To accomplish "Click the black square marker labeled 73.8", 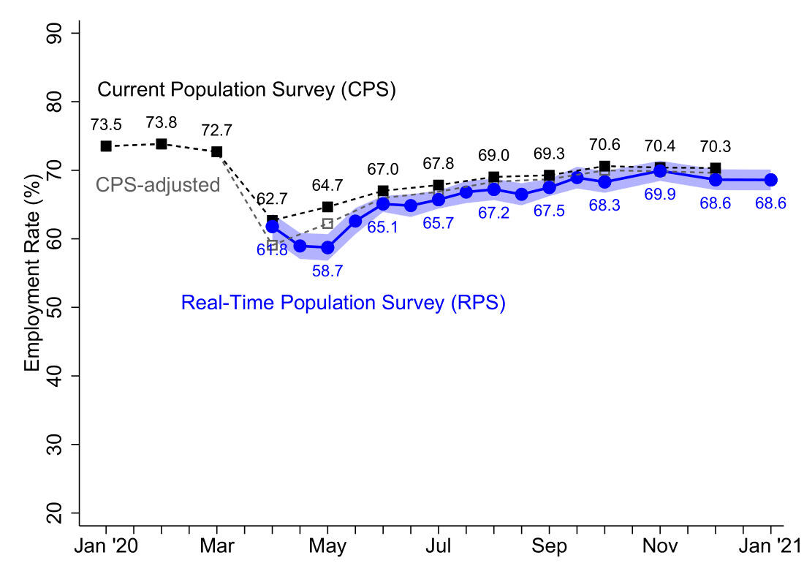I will (x=162, y=144).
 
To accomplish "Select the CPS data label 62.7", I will (x=272, y=198).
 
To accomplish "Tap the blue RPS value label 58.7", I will (x=327, y=271).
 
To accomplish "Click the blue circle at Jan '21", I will (x=770, y=180).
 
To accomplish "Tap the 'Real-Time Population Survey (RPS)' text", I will (x=344, y=303).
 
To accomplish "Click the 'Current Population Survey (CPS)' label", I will (x=247, y=91).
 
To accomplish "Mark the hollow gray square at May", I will (x=327, y=224).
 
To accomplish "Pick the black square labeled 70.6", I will (x=604, y=166).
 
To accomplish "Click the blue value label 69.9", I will (x=660, y=195).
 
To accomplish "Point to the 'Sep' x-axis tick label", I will (x=549, y=546).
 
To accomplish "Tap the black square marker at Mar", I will (x=217, y=151).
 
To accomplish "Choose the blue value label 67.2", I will (x=494, y=213).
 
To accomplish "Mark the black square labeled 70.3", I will (x=716, y=168).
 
